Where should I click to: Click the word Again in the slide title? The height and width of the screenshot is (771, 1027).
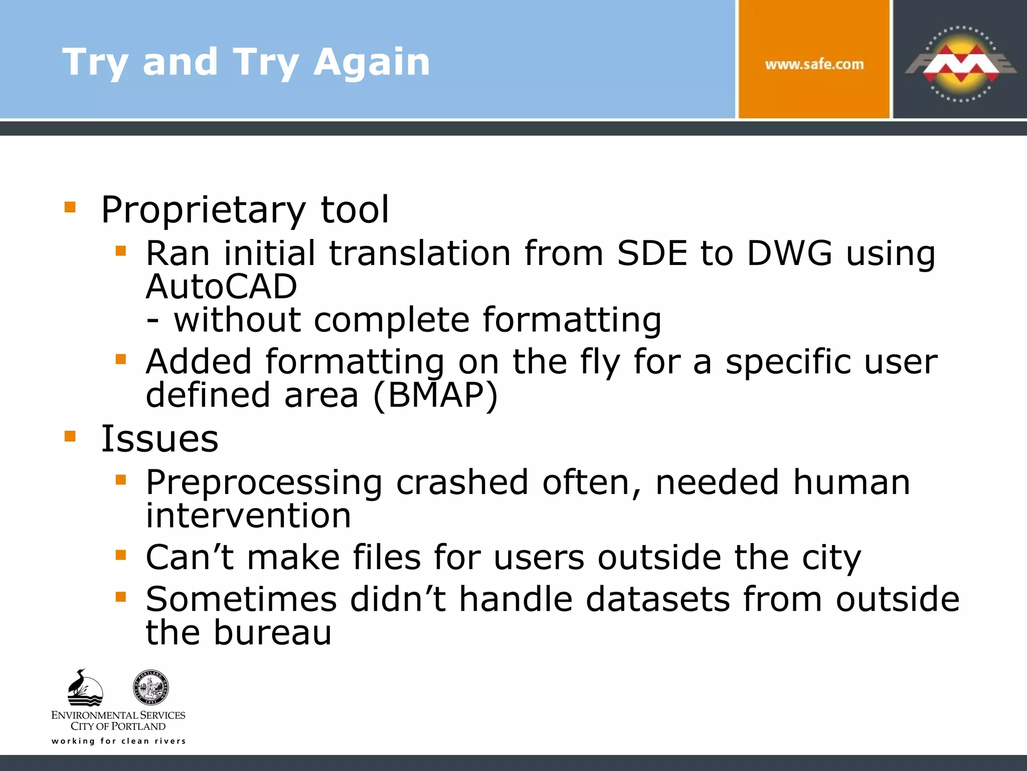pos(372,62)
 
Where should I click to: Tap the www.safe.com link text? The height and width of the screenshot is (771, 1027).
pos(814,64)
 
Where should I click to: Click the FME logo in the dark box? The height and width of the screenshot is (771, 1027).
pos(960,64)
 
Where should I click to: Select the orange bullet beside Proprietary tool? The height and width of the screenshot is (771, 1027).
pos(70,207)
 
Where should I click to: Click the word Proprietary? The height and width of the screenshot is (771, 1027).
pos(203,210)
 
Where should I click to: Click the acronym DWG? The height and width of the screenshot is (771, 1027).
pos(789,253)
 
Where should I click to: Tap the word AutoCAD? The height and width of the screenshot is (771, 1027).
pos(221,287)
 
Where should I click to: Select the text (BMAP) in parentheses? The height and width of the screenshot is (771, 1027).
pos(435,395)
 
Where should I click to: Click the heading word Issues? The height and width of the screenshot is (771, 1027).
pos(159,439)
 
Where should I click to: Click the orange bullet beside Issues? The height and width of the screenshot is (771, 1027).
pos(70,436)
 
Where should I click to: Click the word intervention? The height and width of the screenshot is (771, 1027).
pos(248,516)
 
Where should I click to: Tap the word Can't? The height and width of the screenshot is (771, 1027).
pos(190,557)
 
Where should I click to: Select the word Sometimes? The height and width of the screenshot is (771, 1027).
pos(241,599)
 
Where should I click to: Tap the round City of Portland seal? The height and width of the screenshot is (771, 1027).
pos(150,687)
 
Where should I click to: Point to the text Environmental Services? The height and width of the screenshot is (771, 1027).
pos(118,715)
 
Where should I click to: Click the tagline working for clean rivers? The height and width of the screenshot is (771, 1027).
pos(118,741)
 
